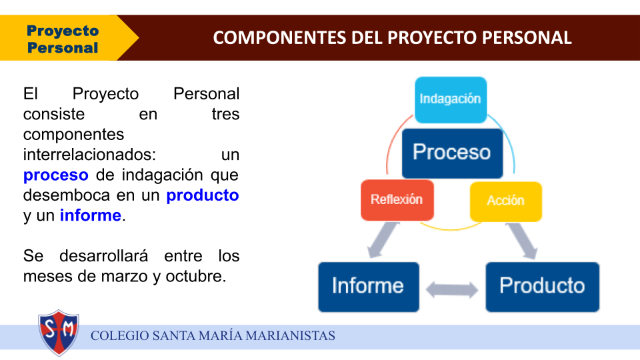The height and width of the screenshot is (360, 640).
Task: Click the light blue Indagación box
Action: [451, 100]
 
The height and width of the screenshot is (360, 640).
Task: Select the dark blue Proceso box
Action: [452, 153]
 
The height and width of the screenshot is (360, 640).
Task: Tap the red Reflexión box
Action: [397, 200]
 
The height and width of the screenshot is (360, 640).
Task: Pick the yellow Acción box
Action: [506, 201]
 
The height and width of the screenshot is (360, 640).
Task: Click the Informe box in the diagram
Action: [369, 287]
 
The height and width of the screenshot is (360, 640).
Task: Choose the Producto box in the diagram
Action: [543, 287]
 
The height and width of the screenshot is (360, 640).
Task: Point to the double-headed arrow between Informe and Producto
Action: [452, 290]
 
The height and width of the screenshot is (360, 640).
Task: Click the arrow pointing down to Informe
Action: [383, 240]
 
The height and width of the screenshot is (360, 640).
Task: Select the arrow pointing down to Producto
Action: [523, 241]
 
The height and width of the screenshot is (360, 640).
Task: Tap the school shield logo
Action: [59, 333]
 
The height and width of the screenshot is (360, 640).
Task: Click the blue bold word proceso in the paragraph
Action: [55, 175]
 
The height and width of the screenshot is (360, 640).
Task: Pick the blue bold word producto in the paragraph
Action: [203, 195]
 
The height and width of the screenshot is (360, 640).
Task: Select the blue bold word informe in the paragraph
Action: [91, 215]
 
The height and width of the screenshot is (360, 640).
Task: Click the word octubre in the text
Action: [195, 276]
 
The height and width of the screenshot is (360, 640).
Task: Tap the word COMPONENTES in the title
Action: [279, 38]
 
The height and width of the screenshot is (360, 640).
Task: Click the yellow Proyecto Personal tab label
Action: [63, 39]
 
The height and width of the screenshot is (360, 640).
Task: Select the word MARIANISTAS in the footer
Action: [290, 335]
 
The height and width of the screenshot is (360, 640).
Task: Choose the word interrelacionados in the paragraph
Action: [89, 155]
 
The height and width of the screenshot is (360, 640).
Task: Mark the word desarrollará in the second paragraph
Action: [104, 256]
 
